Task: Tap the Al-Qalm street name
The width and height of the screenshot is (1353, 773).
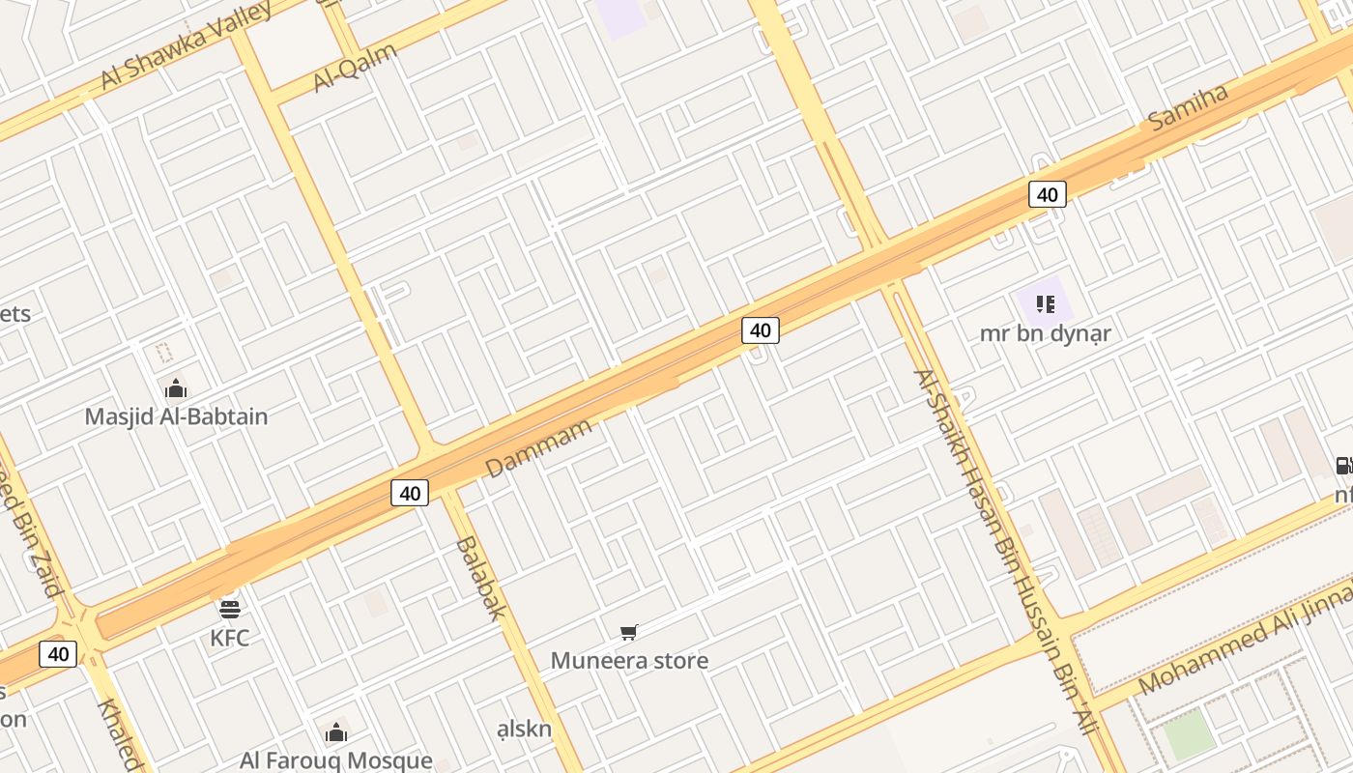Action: point(356,67)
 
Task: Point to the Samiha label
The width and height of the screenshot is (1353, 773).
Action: point(1188,106)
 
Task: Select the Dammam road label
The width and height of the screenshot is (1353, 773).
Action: point(538,447)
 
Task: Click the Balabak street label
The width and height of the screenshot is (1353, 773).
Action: point(480,577)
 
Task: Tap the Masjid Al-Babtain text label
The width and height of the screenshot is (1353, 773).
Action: point(176,416)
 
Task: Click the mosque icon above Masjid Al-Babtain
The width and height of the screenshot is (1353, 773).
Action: point(176,388)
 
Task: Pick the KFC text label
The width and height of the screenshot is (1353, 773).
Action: point(230,638)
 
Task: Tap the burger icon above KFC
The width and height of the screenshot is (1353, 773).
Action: point(230,609)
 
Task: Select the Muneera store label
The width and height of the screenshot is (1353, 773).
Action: point(629,661)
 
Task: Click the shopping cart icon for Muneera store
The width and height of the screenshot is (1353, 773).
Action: point(629,633)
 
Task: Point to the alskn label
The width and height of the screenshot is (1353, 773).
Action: point(524,729)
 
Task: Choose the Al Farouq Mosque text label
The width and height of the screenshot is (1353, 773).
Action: point(336,760)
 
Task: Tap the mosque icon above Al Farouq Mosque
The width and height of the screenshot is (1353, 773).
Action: point(336,732)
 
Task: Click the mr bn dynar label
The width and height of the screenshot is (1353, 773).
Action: point(1046,333)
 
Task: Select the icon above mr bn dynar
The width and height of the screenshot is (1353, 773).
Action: point(1045,305)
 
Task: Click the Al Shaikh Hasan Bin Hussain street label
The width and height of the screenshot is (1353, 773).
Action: point(1005,551)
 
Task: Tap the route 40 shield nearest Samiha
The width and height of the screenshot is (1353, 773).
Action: point(1047,194)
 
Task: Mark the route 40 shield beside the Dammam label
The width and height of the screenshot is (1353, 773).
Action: point(410,493)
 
